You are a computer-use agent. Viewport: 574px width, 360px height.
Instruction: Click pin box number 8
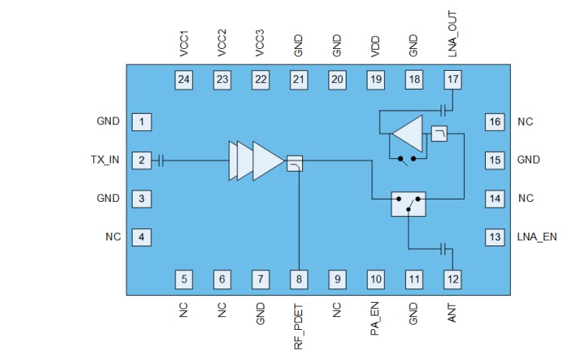click(299, 279)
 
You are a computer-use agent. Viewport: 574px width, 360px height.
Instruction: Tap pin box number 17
click(452, 79)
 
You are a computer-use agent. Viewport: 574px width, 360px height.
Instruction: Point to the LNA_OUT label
click(452, 34)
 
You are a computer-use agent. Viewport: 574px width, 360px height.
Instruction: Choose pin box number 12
click(452, 279)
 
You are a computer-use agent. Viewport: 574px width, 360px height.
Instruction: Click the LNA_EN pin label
click(537, 237)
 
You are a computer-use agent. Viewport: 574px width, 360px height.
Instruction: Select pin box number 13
click(494, 237)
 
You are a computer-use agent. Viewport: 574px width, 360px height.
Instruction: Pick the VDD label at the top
click(375, 45)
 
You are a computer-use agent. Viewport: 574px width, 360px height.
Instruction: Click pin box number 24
click(184, 79)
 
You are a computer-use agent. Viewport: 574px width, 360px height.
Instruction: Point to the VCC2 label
click(222, 43)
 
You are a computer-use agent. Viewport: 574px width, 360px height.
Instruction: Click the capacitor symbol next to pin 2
click(161, 160)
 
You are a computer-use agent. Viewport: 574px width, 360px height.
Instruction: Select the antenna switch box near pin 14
click(408, 204)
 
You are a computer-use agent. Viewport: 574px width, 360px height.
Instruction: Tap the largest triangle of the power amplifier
click(267, 160)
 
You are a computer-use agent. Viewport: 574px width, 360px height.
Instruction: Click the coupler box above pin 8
click(295, 163)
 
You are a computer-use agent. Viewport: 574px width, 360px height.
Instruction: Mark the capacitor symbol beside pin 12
click(445, 248)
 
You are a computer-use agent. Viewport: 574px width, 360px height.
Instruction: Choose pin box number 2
click(141, 160)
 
